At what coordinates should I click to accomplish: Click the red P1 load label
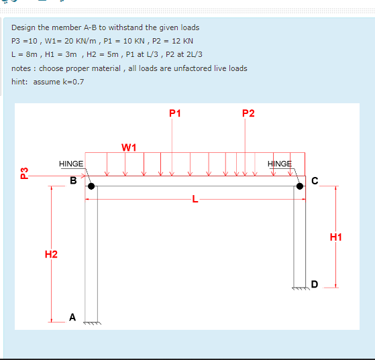(174, 112)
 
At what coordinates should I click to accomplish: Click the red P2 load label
(248, 112)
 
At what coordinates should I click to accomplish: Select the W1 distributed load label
(129, 147)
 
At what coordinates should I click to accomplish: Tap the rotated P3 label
(24, 173)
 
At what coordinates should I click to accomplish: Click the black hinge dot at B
(91, 187)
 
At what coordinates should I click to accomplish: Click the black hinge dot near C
(301, 187)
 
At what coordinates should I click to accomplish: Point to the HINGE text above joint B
(71, 164)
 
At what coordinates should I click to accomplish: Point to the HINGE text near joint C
(280, 164)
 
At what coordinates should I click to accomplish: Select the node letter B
(74, 180)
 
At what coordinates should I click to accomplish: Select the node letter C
(315, 180)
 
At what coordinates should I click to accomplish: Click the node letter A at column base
(72, 316)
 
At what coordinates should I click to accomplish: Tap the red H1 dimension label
(336, 237)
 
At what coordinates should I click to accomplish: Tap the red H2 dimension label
(51, 253)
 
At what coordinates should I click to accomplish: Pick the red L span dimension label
(195, 199)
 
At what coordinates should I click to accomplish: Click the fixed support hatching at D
(301, 289)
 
